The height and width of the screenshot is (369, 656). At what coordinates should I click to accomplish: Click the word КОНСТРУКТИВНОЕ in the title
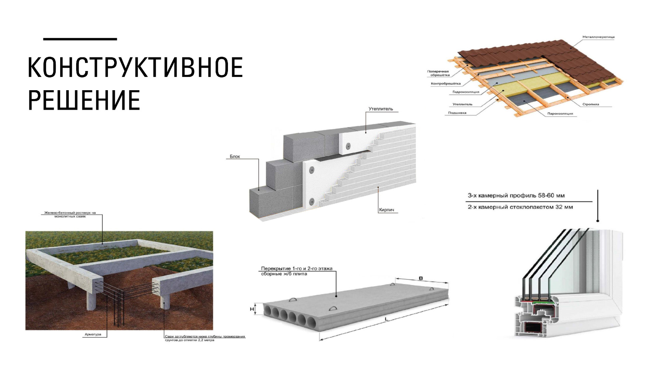pos(135,67)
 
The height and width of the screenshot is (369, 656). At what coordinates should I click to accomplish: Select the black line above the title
pos(80,39)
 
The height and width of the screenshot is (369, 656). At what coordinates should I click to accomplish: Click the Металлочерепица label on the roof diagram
pos(598,37)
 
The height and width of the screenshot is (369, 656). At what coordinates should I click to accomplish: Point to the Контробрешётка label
pos(446,84)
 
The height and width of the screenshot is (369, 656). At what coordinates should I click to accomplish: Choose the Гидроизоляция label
pos(466,92)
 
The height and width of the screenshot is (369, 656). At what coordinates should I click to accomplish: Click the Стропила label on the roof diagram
pos(590,104)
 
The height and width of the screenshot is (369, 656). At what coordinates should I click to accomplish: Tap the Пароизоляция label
pos(560,113)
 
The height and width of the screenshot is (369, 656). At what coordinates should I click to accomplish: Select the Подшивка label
pos(457,113)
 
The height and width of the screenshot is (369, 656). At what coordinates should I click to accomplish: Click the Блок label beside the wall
pos(235,156)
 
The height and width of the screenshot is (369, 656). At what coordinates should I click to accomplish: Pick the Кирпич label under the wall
pos(386,210)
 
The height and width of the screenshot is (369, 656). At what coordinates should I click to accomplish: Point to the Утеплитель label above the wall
pos(381,109)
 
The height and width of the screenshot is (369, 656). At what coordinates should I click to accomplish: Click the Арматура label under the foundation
pos(93,334)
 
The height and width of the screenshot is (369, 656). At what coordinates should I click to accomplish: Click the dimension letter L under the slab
pos(386,319)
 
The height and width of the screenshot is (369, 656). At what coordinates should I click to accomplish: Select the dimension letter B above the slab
pos(421,278)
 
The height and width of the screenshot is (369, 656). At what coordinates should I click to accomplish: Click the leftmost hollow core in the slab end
pos(267,311)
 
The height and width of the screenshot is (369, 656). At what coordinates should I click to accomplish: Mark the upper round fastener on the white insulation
pos(348,146)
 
